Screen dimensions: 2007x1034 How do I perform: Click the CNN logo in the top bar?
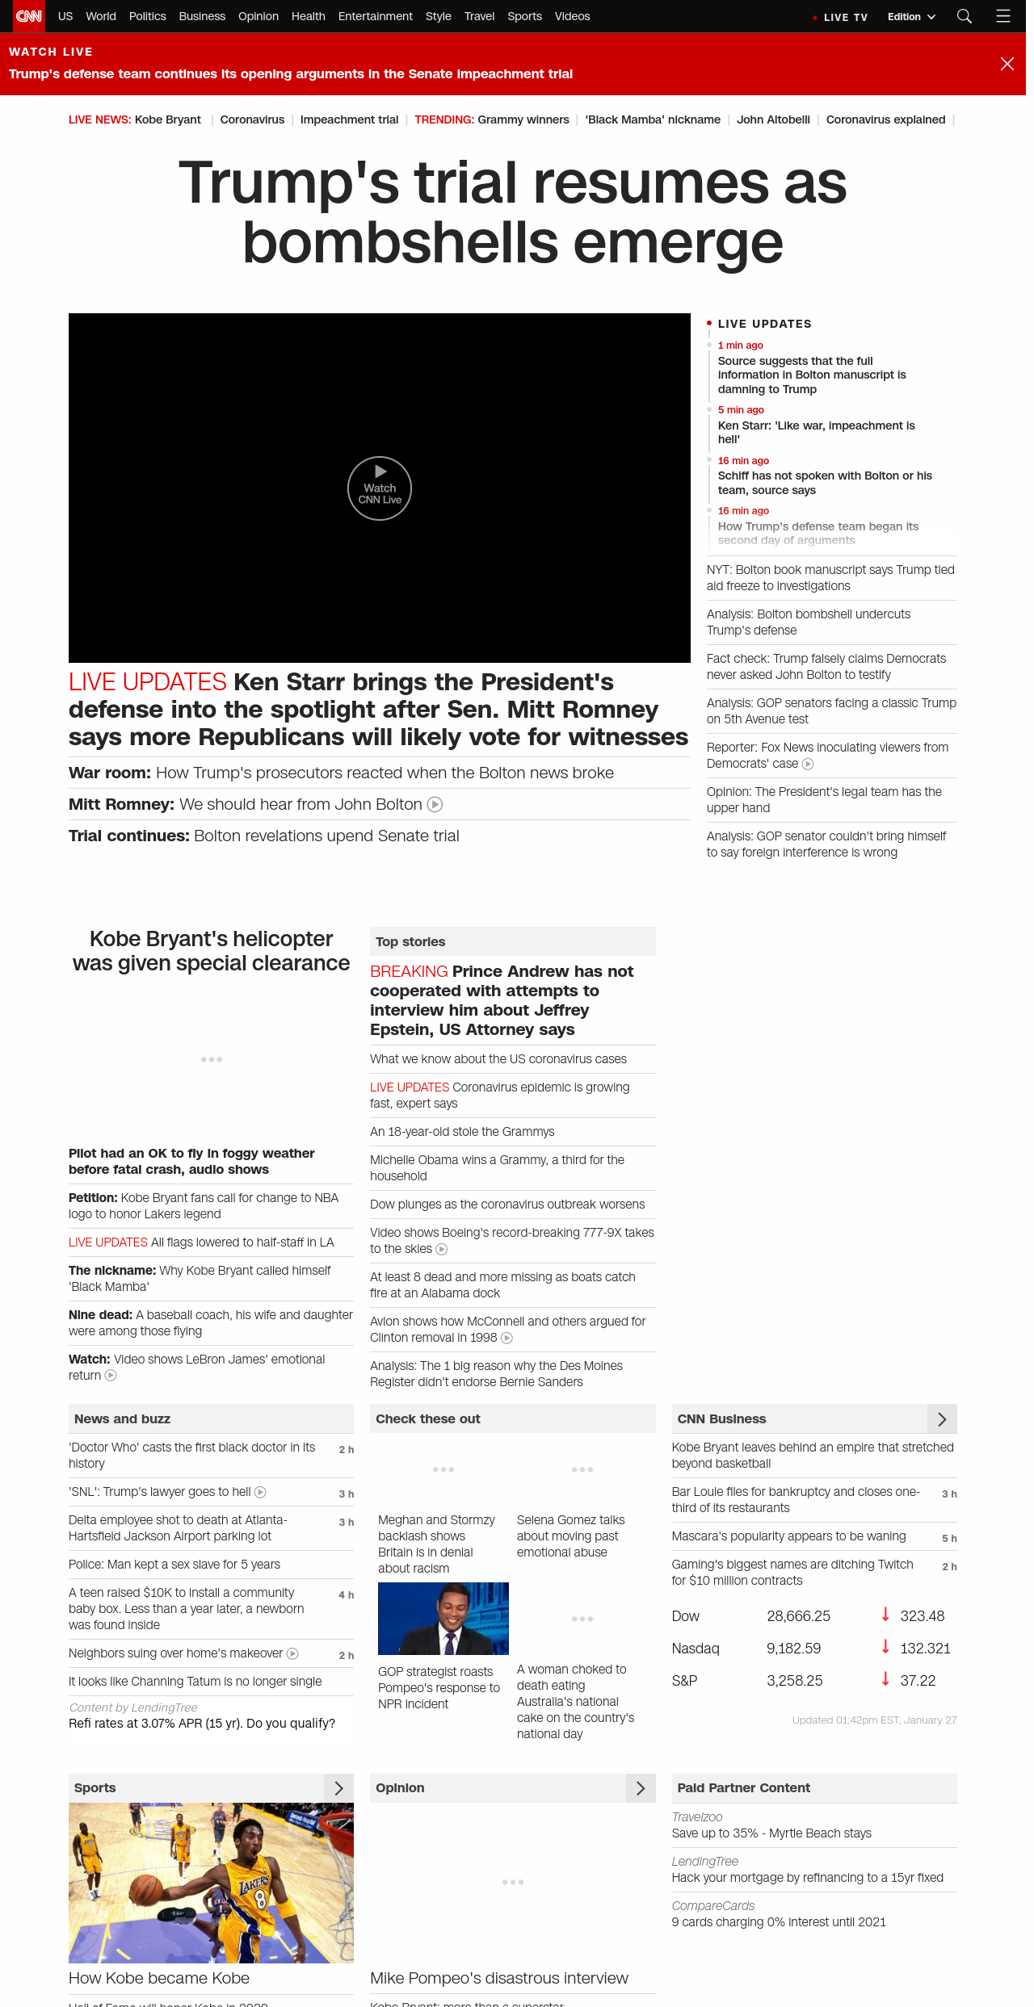(29, 16)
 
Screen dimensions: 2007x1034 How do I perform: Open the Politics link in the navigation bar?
(147, 16)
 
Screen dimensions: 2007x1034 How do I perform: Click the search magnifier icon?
(964, 16)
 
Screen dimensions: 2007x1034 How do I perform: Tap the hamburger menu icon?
(1003, 16)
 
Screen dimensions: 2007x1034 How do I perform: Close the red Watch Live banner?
(1007, 64)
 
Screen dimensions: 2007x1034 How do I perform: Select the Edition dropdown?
(910, 17)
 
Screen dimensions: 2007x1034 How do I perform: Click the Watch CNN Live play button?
(380, 488)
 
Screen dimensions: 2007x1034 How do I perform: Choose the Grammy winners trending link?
(523, 119)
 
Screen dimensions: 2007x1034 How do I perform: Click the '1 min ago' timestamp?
(740, 346)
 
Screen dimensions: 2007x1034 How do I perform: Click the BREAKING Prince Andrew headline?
(501, 999)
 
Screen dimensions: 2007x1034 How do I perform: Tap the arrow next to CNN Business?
(942, 1418)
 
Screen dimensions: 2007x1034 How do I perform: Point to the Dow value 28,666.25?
(798, 1615)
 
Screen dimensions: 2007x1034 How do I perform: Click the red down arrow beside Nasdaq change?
(885, 1647)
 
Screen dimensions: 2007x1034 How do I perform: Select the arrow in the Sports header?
(338, 1787)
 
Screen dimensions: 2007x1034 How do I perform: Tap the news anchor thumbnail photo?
(443, 1618)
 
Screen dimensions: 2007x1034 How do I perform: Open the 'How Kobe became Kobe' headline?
(159, 1978)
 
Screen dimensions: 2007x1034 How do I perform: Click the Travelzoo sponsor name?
(697, 1816)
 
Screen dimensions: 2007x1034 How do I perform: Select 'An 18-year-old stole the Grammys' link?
(462, 1132)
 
